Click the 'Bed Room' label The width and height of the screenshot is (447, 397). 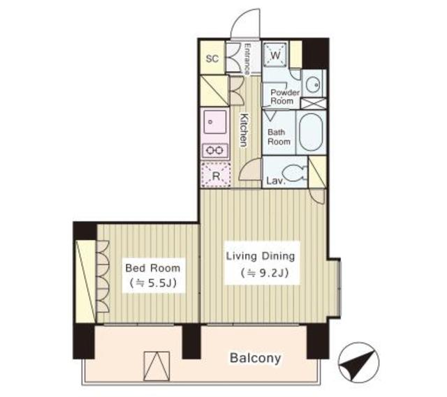pos(152,268)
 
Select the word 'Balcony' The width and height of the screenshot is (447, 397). pos(255,359)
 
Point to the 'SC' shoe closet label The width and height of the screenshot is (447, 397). pos(212,59)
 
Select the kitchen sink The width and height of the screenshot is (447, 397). pos(214,124)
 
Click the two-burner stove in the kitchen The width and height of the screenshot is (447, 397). pos(214,150)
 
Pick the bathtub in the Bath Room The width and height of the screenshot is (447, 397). pos(309,133)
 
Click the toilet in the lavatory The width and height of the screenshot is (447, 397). pos(293,172)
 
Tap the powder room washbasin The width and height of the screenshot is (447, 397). pos(313,84)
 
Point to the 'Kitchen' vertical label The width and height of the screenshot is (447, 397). pos(244,130)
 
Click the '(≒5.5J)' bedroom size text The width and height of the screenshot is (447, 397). pos(152,283)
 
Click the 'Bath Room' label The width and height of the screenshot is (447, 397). pos(279,136)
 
